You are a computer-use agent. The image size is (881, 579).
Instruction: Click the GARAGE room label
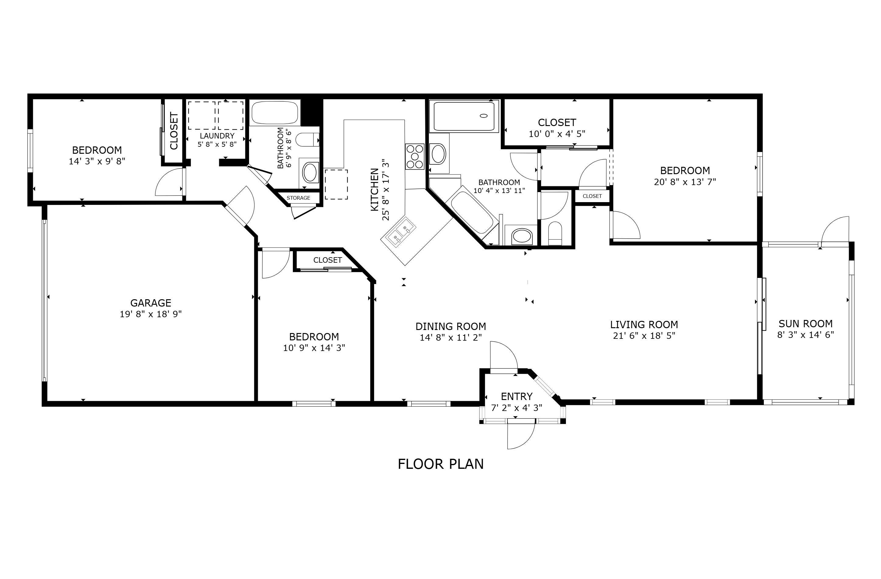[151, 303]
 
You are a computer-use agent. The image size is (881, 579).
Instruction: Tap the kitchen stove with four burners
[415, 156]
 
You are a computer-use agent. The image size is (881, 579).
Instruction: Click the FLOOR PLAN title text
[440, 464]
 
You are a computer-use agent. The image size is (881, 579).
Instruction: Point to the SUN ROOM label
[806, 324]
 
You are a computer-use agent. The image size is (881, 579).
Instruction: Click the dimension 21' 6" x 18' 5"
[644, 336]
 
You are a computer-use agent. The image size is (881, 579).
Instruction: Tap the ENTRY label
[517, 396]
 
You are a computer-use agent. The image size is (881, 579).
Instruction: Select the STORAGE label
[298, 198]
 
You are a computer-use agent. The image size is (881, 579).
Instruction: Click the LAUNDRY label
[217, 136]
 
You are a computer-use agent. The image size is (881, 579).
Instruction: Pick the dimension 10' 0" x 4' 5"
[557, 134]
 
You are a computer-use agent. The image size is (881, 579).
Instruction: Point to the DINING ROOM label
[451, 327]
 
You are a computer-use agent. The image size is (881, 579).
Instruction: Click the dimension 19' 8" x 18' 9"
[151, 314]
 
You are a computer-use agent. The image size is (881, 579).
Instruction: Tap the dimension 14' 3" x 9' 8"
[97, 161]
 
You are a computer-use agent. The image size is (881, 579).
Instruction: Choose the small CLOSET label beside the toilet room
[592, 196]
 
